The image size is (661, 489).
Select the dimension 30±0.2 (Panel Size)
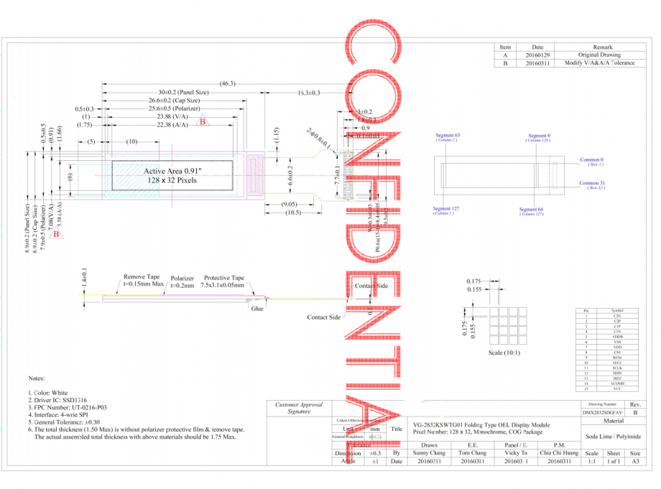[x=183, y=93]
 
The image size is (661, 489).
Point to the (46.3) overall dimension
[x=228, y=84]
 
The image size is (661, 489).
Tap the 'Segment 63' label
[x=448, y=135]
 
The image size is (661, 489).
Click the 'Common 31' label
[x=592, y=183]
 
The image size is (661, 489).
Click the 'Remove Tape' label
[x=142, y=276]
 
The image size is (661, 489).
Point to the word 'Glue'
[x=256, y=308]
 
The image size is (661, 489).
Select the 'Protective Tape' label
[x=224, y=278]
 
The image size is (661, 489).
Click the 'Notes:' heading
[x=37, y=378]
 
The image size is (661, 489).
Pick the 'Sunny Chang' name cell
[x=429, y=453]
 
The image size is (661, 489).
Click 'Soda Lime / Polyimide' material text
[x=609, y=437]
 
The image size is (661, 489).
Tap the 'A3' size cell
[x=634, y=462]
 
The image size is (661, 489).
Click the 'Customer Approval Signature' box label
[x=299, y=408]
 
